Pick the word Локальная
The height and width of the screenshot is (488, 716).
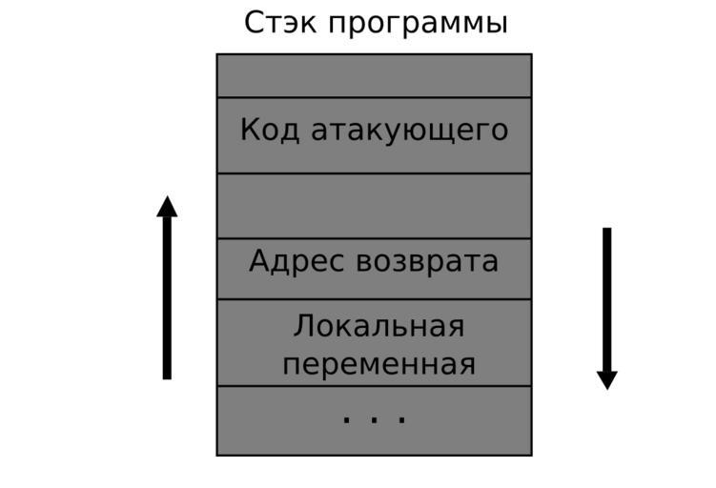coord(378,327)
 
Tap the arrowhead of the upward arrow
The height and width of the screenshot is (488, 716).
coord(167,207)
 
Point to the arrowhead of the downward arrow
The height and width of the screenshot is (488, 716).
coord(606,379)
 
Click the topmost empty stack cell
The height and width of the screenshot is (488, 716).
coord(374,75)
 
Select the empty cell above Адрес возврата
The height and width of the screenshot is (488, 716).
coord(374,206)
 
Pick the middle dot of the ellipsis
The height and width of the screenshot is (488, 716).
coord(374,418)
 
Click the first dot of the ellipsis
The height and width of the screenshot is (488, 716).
coord(346,418)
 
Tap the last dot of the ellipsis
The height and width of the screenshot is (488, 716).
coord(402,418)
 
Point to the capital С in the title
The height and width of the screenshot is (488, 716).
coord(255,22)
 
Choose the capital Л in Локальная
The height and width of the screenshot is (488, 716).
coord(304,327)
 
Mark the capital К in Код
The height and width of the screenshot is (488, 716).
coord(250,130)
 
